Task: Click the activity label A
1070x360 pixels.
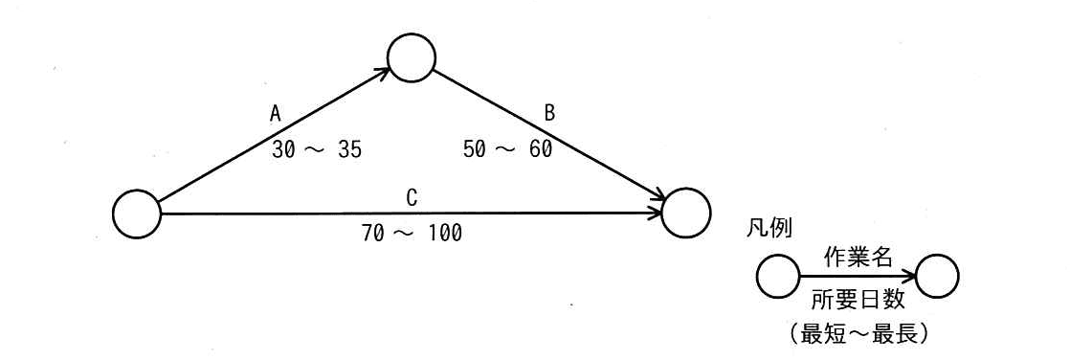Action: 275,114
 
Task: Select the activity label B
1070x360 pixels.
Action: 548,114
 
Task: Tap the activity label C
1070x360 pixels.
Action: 411,197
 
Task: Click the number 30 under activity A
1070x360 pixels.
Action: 284,149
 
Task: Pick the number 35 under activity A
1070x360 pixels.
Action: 348,149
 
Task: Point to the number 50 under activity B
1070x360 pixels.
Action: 475,149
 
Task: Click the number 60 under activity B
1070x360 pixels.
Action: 540,149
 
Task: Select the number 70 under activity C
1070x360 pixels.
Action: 373,233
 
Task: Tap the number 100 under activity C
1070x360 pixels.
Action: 444,233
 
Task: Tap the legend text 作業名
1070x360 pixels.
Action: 858,259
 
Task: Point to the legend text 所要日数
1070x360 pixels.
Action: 858,299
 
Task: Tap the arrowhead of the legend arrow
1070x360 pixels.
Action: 908,276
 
